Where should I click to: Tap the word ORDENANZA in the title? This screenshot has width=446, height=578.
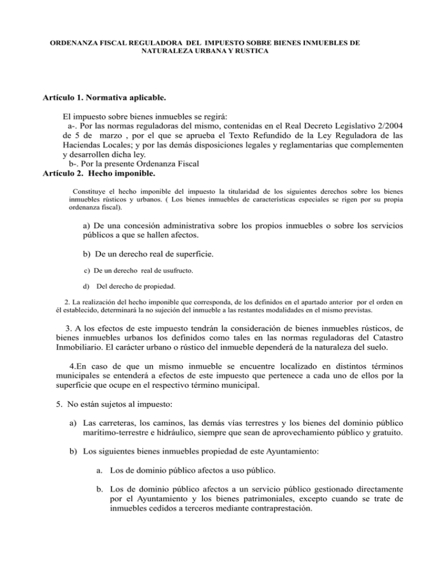74,43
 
